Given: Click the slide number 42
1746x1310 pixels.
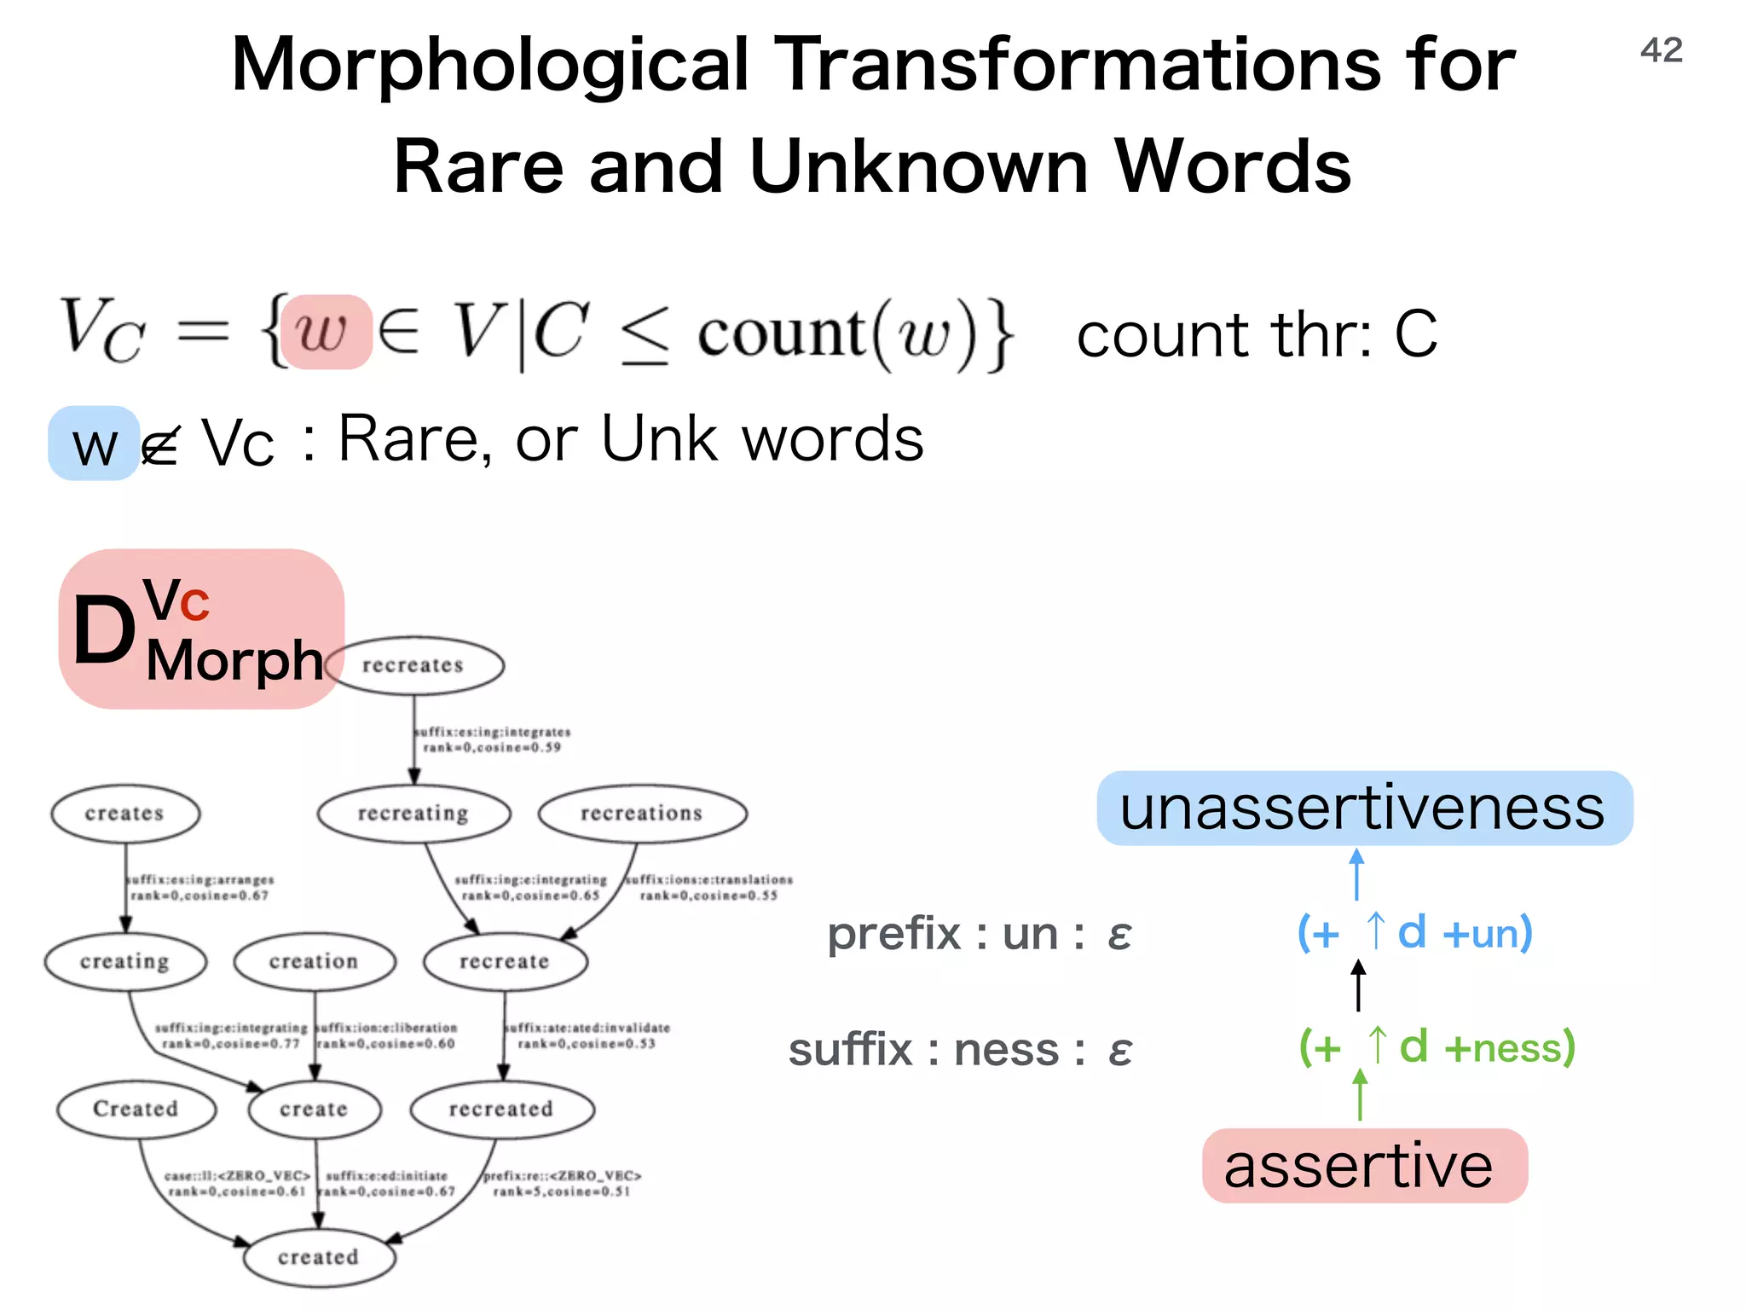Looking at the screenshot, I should tap(1661, 50).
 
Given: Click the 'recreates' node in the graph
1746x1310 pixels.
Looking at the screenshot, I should tap(413, 665).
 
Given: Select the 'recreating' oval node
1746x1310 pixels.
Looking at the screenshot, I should tap(413, 814).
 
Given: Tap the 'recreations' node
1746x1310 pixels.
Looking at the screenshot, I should tap(642, 814).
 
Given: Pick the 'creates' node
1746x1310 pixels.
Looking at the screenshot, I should tap(125, 814).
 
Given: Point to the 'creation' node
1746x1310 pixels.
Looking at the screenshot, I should tap(315, 961).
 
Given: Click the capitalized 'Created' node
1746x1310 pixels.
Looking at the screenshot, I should tap(136, 1109).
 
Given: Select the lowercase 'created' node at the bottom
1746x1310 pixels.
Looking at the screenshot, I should tap(319, 1257).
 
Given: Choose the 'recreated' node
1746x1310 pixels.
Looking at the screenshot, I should tap(501, 1109).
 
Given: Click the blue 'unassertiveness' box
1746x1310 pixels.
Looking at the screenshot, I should tap(1363, 809).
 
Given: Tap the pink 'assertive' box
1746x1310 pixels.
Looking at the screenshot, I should tap(1363, 1166).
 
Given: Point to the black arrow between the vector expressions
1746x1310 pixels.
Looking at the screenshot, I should tap(1358, 986).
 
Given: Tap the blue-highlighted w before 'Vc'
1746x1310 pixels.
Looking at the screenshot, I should tap(94, 444).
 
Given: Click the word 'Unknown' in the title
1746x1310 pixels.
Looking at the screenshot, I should tap(919, 167).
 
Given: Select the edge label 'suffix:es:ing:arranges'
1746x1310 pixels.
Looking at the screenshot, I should tap(201, 879).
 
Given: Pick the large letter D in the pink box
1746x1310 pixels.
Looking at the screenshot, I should tap(104, 631).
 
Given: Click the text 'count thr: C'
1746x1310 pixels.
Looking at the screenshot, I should tap(1256, 334).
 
